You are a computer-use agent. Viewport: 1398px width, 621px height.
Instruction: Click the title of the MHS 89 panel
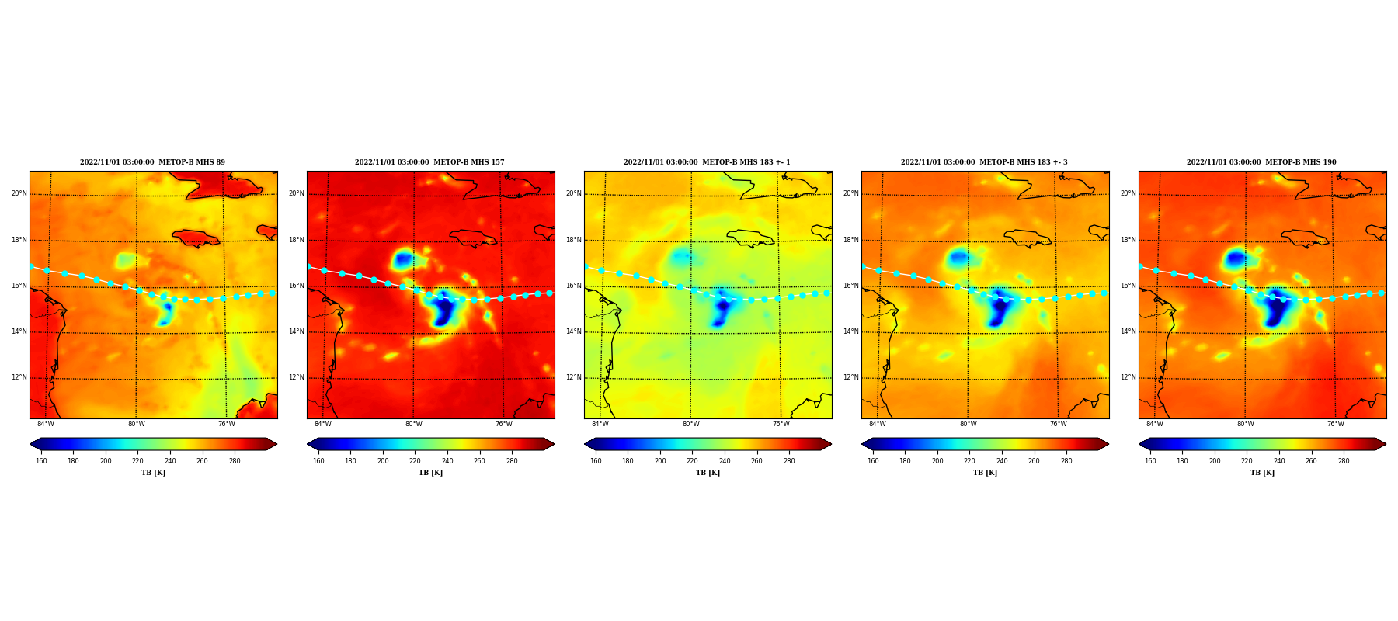pyautogui.click(x=152, y=162)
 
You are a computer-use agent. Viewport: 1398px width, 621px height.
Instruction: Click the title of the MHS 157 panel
pyautogui.click(x=429, y=162)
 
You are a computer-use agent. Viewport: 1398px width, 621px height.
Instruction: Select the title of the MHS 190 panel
pyautogui.click(x=1261, y=162)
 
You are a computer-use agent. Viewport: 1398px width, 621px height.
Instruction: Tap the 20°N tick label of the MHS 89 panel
pyautogui.click(x=19, y=193)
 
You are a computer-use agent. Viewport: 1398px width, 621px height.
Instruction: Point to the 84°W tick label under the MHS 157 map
pyautogui.click(x=323, y=424)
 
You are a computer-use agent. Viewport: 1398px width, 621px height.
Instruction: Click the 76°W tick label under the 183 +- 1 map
pyautogui.click(x=781, y=424)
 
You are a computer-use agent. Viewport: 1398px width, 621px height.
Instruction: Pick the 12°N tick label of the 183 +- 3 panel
pyautogui.click(x=851, y=377)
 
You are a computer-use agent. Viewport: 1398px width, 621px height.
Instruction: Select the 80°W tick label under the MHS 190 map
pyautogui.click(x=1245, y=424)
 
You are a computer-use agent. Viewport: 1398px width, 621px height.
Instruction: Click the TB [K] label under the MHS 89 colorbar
pyautogui.click(x=153, y=473)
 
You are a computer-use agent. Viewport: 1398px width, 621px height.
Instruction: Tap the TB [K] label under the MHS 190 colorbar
pyautogui.click(x=1262, y=473)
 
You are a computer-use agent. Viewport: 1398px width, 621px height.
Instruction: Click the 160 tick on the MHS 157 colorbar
pyautogui.click(x=318, y=461)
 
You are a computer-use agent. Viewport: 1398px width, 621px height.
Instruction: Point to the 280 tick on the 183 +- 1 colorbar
pyautogui.click(x=789, y=461)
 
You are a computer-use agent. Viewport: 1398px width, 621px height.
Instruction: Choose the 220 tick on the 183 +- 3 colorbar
pyautogui.click(x=969, y=461)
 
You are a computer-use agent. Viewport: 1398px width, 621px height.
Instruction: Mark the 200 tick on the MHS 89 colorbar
pyautogui.click(x=106, y=461)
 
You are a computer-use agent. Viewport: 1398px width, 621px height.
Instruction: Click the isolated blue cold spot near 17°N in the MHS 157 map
pyautogui.click(x=402, y=258)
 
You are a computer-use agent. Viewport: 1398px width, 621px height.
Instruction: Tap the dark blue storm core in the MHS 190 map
pyautogui.click(x=1274, y=307)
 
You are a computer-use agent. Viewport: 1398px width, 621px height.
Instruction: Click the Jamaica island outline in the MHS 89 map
pyautogui.click(x=196, y=238)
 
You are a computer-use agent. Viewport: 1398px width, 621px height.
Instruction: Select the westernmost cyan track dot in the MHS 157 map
pyautogui.click(x=308, y=267)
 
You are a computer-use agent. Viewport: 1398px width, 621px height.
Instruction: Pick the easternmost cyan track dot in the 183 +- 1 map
pyautogui.click(x=826, y=293)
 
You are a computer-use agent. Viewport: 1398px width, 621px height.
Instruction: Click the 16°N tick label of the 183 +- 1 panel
pyautogui.click(x=574, y=286)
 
